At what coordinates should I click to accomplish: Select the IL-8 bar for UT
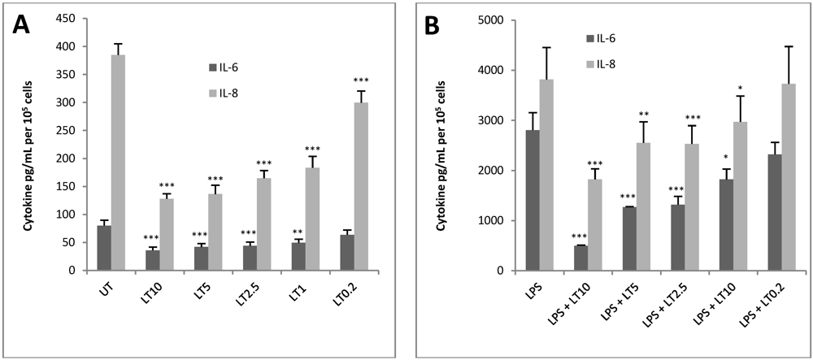(x=118, y=163)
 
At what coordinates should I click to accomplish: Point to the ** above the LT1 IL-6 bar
(x=297, y=232)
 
